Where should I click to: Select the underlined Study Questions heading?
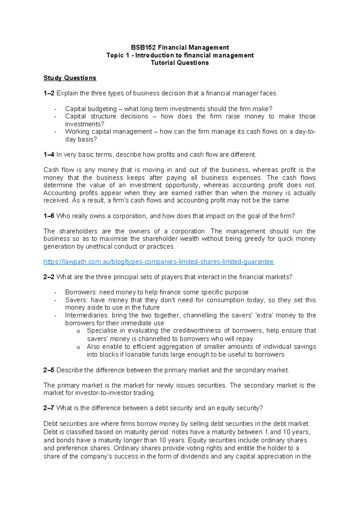[70, 78]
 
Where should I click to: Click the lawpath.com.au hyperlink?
[158, 262]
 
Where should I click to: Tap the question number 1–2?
[49, 93]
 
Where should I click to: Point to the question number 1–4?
[49, 155]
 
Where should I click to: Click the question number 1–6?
[49, 216]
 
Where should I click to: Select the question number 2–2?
[49, 277]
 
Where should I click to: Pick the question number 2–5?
[49, 370]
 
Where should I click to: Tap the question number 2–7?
[49, 408]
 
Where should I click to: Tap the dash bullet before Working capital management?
[55, 132]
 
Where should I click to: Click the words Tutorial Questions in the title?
[180, 63]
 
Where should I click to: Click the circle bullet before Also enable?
[78, 347]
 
